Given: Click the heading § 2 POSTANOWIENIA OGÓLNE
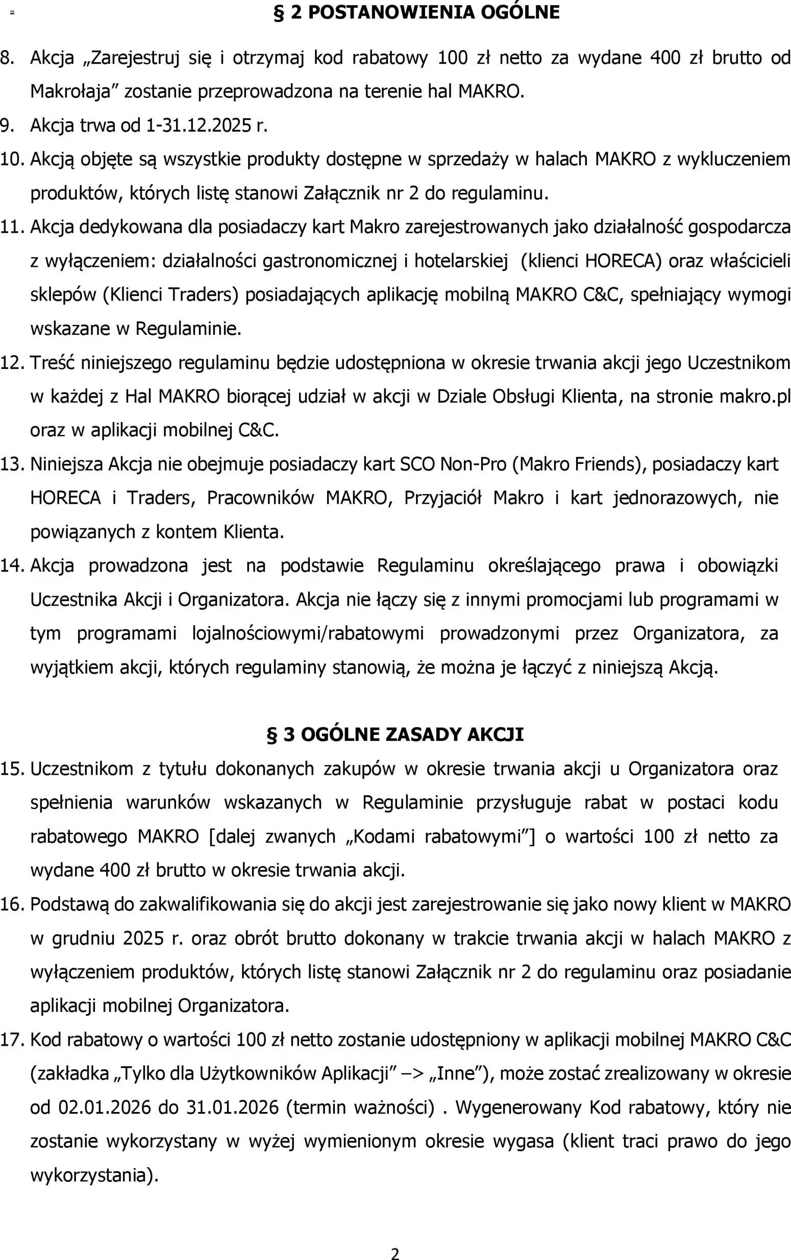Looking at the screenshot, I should (416, 12).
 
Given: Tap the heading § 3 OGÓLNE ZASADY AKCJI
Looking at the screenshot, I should (395, 734).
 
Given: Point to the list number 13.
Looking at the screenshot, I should (12, 464).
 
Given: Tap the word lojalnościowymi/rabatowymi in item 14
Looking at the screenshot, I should (308, 633).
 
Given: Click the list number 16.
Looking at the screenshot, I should (12, 904).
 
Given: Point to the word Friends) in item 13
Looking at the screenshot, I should (608, 464).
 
